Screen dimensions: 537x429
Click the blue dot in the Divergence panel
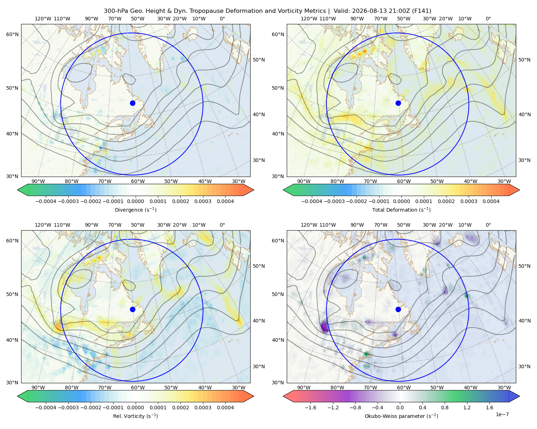(x=132, y=103)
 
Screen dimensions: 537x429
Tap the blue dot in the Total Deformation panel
(x=398, y=103)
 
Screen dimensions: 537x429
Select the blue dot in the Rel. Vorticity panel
(x=132, y=309)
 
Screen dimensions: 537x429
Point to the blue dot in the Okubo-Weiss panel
(x=398, y=309)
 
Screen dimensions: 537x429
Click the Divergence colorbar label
(x=135, y=209)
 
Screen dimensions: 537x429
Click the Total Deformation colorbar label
(x=401, y=209)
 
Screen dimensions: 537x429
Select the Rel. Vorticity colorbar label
(x=135, y=416)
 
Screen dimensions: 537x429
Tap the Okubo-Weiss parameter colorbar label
(x=401, y=416)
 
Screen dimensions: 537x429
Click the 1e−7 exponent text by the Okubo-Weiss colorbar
(x=502, y=414)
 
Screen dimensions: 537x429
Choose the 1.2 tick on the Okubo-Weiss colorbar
(x=467, y=407)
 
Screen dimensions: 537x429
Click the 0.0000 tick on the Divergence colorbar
(x=135, y=201)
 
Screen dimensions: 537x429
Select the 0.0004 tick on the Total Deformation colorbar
(x=491, y=201)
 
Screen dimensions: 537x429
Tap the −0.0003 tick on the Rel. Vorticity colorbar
(x=68, y=407)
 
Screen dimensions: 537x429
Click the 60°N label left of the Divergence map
(x=12, y=34)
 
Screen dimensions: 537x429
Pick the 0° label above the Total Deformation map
(x=488, y=19)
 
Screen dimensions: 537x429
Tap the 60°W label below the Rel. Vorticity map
(x=138, y=388)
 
